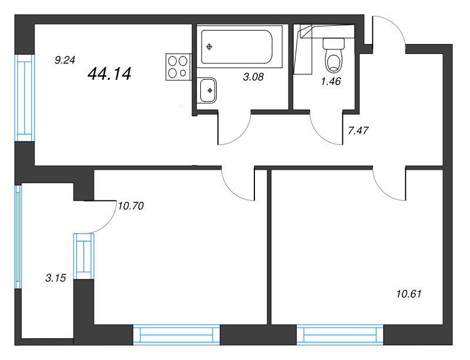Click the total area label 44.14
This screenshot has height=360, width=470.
109,74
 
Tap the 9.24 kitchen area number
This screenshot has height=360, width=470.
65,60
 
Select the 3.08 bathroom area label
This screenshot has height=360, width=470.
253,77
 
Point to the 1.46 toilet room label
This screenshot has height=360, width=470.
331,81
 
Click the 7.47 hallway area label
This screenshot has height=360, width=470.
358,130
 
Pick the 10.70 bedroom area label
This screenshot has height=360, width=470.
130,206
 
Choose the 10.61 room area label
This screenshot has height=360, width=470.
409,294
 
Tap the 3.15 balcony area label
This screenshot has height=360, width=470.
55,278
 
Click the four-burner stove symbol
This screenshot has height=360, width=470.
179,67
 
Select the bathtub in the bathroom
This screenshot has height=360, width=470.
237,47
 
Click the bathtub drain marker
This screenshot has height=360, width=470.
209,47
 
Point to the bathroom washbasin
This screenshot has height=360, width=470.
207,90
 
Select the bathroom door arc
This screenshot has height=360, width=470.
240,135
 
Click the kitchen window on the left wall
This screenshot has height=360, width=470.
25,97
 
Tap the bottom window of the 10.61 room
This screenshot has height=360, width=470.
340,335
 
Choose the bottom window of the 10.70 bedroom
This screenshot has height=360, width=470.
176,335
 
